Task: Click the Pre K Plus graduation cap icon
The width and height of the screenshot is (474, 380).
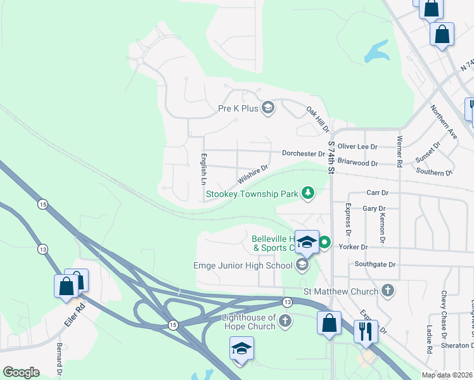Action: click(268, 108)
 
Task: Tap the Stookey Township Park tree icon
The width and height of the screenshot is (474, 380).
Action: click(307, 193)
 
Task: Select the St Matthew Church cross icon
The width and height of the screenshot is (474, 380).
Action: click(388, 291)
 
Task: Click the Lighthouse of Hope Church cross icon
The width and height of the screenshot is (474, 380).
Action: click(285, 321)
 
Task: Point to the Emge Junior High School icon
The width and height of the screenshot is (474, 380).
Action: click(302, 265)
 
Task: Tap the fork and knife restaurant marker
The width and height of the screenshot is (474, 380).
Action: click(366, 331)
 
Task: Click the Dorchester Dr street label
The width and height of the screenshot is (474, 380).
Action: click(304, 154)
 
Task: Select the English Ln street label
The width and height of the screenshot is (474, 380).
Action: click(203, 168)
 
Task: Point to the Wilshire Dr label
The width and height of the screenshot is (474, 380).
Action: click(253, 172)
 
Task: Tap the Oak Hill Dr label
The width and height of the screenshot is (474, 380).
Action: click(318, 119)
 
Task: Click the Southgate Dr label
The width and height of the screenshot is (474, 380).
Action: click(375, 264)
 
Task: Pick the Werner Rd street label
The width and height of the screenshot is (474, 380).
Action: click(399, 151)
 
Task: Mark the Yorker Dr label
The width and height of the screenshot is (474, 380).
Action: click(353, 246)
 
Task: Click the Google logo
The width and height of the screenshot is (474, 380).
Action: click(21, 372)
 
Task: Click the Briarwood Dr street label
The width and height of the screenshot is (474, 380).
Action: click(357, 163)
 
